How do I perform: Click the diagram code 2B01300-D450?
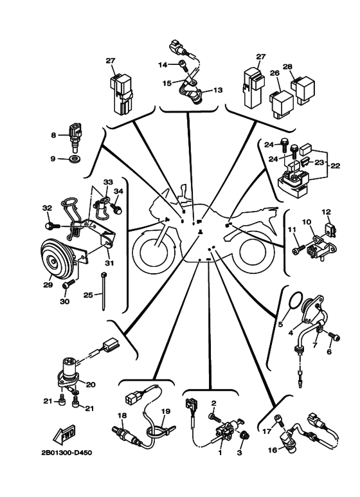tap(67, 453)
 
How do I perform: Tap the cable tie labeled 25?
tap(104, 291)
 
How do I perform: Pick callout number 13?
tap(218, 90)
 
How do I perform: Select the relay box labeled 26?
tap(282, 104)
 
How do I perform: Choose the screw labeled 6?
tap(334, 338)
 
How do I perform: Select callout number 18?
tap(122, 415)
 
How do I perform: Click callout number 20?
tap(91, 384)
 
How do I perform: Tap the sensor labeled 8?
tap(75, 137)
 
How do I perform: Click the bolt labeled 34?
tap(118, 209)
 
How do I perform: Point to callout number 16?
tap(272, 449)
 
